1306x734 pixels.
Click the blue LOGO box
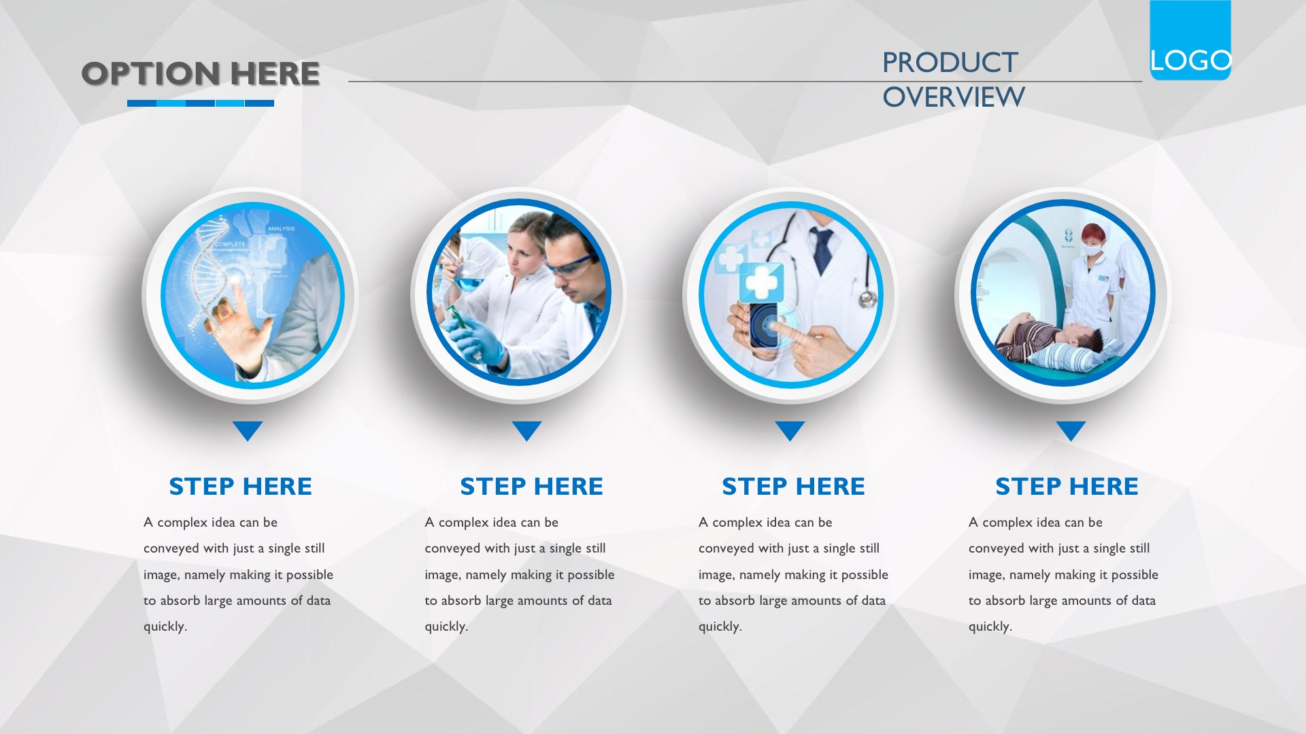[x=1190, y=40]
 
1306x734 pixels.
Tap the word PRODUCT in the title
[x=950, y=63]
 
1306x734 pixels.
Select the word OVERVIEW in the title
[x=954, y=97]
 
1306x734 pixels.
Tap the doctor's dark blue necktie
[x=822, y=247]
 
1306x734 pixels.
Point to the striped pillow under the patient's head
[x=1068, y=354]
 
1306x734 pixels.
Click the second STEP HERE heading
[x=531, y=487]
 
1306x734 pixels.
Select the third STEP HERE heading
[x=793, y=487]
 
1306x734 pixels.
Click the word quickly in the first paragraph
[x=165, y=627]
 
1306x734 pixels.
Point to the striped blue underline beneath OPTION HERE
[x=201, y=103]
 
